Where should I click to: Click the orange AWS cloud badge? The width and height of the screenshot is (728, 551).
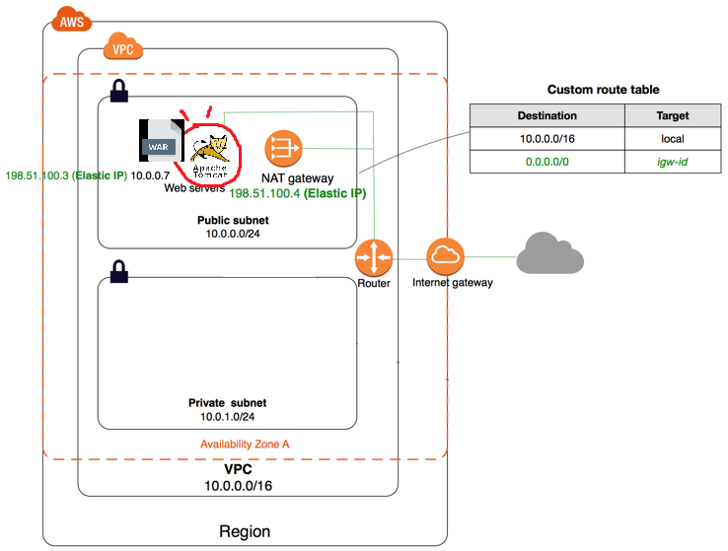[x=71, y=20]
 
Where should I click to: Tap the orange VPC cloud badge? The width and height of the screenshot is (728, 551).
[x=122, y=46]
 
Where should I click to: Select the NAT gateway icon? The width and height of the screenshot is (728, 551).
[x=283, y=149]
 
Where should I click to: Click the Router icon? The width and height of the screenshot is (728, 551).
[x=374, y=257]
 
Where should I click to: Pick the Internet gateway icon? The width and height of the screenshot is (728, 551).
[x=445, y=257]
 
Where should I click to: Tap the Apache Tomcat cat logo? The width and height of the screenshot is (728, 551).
[x=210, y=157]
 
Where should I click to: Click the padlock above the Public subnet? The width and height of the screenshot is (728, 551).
[x=118, y=91]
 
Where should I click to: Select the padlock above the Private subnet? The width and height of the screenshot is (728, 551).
[x=118, y=271]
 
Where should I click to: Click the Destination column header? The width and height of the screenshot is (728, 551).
[x=547, y=115]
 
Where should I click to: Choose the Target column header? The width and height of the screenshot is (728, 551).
[x=673, y=115]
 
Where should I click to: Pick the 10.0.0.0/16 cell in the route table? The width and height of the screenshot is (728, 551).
[x=547, y=139]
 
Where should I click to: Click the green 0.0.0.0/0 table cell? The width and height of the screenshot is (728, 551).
[x=547, y=162]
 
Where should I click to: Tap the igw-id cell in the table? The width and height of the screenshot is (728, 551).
[x=673, y=162]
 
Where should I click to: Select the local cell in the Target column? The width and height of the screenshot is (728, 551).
[x=673, y=139]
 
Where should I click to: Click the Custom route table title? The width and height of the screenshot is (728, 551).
[x=603, y=90]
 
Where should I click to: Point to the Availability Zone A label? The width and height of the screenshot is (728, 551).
[x=245, y=445]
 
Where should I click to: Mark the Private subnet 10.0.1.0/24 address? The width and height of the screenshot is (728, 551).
[x=228, y=417]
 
